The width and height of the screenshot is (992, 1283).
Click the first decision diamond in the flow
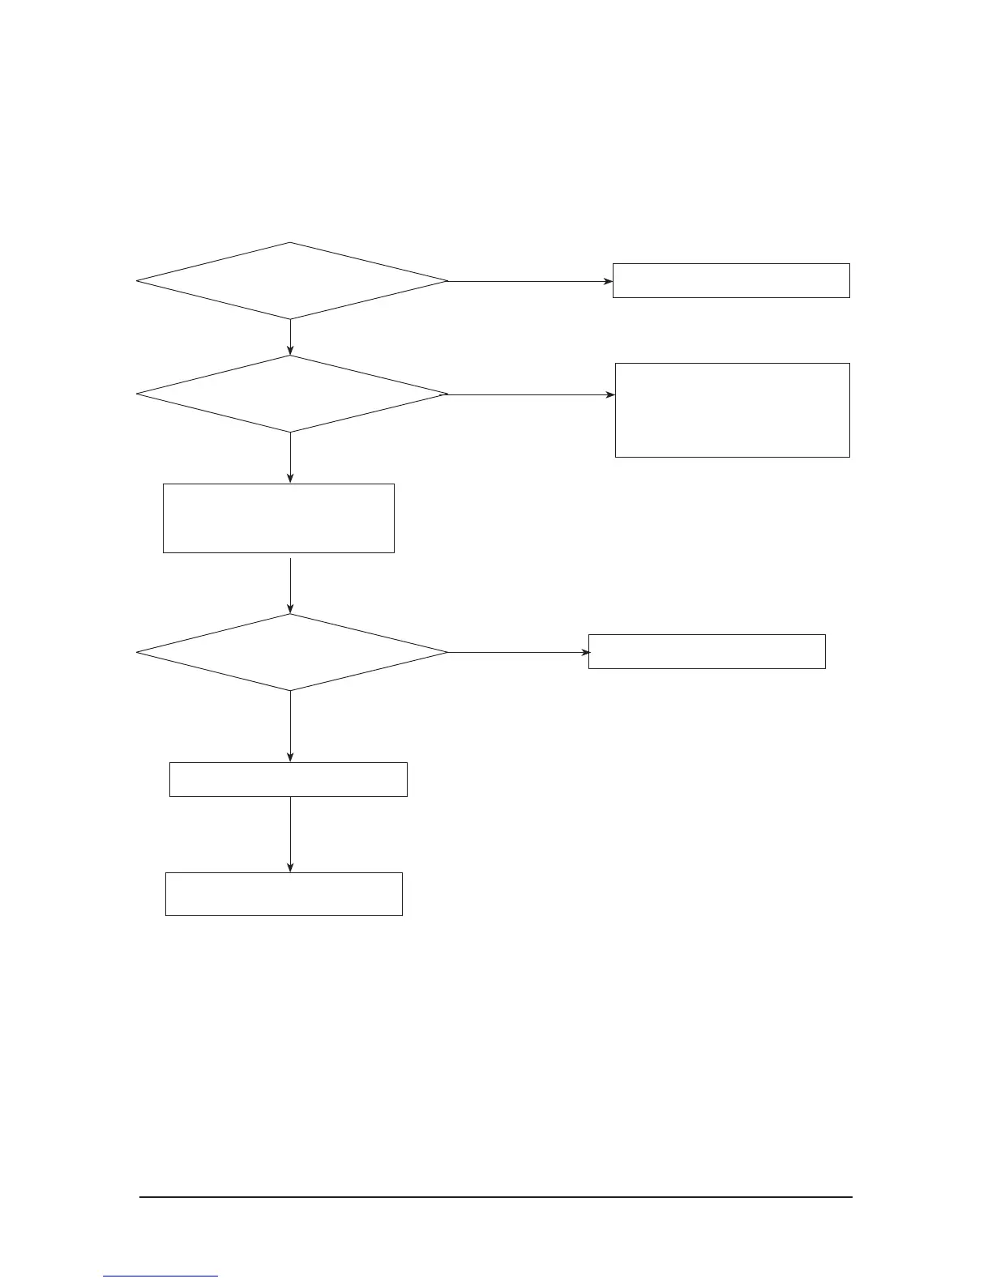pos(292,281)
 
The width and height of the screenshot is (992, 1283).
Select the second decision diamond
pos(292,394)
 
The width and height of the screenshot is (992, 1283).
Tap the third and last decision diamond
pos(292,652)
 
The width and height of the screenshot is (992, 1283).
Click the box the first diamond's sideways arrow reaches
pos(731,280)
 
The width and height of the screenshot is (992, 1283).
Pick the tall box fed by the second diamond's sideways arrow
pos(733,410)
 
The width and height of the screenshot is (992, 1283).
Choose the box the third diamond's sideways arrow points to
pos(707,651)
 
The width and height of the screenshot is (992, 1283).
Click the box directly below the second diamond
pos(279,518)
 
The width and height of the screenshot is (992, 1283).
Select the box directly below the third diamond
pos(289,779)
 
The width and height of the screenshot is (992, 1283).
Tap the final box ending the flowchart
pos(284,894)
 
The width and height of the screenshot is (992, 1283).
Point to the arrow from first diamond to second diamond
pos(290,337)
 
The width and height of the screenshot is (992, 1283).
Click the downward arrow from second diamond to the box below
pos(290,458)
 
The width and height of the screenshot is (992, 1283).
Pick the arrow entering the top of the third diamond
pos(290,586)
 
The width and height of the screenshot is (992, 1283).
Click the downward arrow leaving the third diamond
pos(290,727)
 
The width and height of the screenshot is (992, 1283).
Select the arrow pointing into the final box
pos(290,834)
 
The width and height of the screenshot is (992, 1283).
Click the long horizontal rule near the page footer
pos(496,1197)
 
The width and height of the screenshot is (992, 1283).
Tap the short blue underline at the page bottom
pos(161,1277)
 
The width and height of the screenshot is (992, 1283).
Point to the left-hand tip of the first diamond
pos(138,281)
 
